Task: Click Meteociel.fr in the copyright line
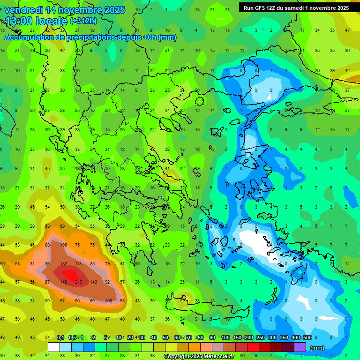pos(214,357)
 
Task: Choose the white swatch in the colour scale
pos(54,347)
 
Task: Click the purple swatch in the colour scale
pos(300,347)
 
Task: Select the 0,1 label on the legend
pos(60,337)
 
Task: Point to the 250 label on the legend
pos(259,337)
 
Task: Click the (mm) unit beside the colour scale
pos(317,348)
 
